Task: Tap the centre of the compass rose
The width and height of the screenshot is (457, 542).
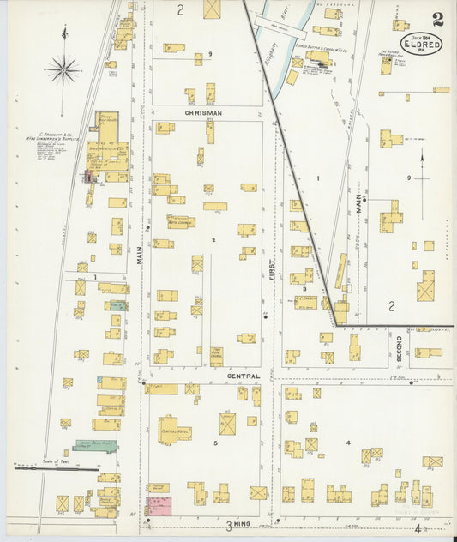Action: point(63,69)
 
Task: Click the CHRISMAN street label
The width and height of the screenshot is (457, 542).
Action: point(202,112)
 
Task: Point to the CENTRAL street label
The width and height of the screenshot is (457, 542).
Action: point(243,376)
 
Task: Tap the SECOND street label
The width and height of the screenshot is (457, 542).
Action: point(399,347)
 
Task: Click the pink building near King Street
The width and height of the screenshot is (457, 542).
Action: point(159,506)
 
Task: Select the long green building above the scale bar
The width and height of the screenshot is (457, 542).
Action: point(94,444)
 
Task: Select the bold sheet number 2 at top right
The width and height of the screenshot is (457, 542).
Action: point(438,19)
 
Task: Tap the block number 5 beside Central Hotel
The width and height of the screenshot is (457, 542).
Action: point(215,444)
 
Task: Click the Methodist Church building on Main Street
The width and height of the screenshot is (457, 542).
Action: point(180,222)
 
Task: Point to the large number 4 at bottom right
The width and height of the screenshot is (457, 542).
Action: point(418,529)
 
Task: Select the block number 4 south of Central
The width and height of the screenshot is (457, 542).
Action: point(347,443)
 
